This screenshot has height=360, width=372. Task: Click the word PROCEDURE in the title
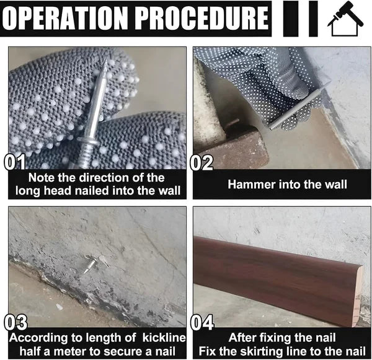coord(203,18)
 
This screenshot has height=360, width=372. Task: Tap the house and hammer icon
coord(345,19)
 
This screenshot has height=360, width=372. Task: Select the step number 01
coord(15,162)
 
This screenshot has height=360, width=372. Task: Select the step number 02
coord(201,163)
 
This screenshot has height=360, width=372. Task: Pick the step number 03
coord(15,323)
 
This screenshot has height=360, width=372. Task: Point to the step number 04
coord(202,323)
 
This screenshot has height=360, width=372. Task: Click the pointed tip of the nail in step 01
coord(106,60)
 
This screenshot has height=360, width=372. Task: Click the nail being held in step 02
coord(300,106)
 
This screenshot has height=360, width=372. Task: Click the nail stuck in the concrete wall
coord(96,263)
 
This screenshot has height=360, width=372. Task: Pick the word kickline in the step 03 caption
coord(164,338)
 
